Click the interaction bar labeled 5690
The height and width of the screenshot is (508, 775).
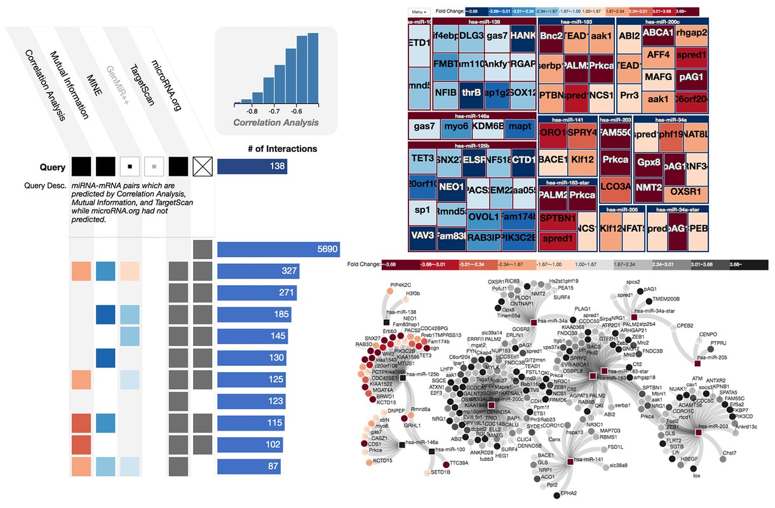click(x=280, y=250)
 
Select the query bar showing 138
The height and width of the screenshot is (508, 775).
click(x=252, y=167)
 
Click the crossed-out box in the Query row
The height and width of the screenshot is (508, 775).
click(x=202, y=167)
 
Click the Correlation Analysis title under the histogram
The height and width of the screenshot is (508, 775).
click(x=276, y=122)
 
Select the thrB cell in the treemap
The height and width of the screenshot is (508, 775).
click(x=472, y=92)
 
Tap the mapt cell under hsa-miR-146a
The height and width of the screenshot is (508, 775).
click(x=520, y=126)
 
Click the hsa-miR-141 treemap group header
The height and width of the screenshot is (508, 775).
click(x=567, y=119)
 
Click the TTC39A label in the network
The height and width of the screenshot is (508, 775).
click(x=459, y=464)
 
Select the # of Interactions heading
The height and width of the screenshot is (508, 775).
click(x=281, y=149)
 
